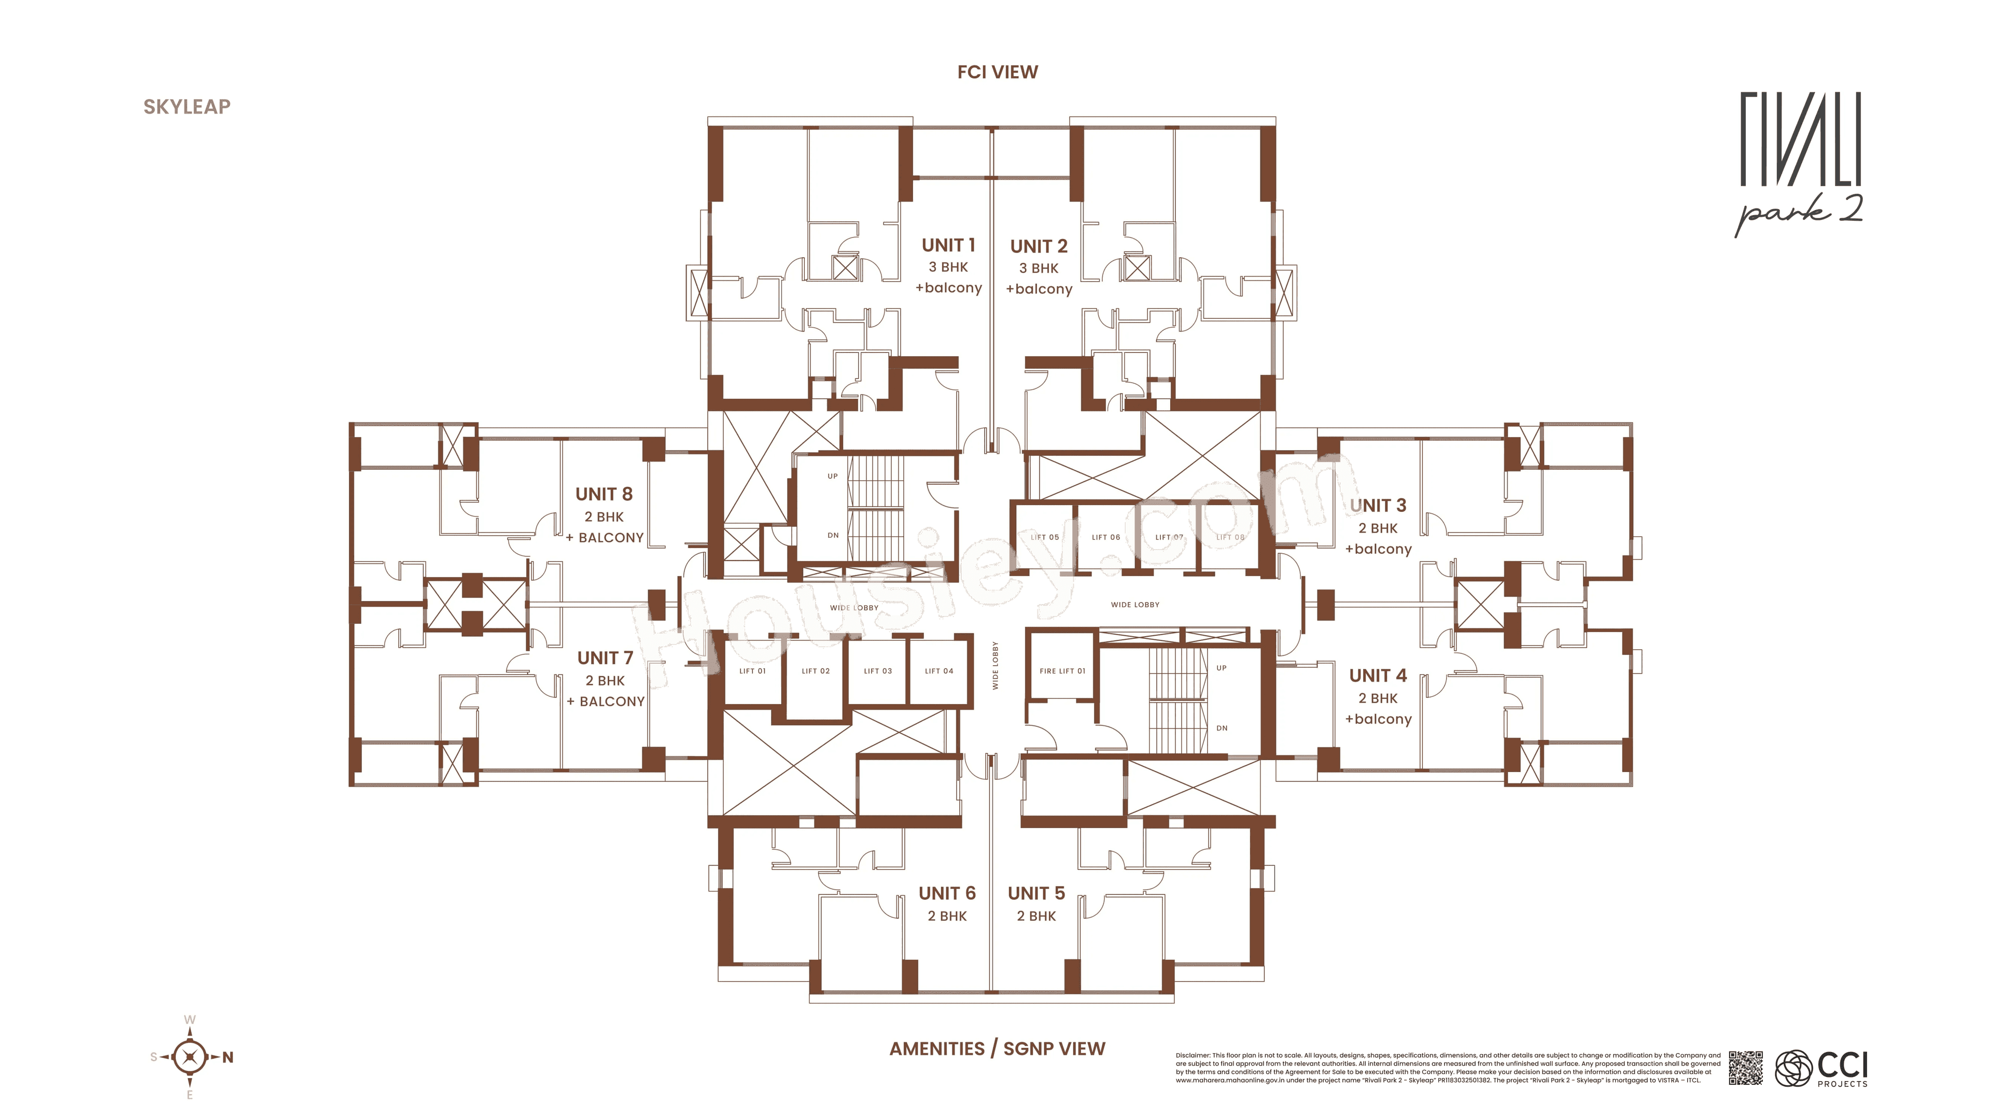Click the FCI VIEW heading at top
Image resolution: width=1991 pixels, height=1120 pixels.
(x=997, y=72)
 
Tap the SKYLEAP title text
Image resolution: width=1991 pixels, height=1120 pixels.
(x=187, y=107)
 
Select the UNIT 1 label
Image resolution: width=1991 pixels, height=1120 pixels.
(x=948, y=245)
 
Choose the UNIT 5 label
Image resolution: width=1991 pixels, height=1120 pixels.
(x=1036, y=893)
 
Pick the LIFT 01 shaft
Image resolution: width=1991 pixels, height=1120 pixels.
(x=752, y=671)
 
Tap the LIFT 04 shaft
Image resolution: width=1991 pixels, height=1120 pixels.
(x=938, y=671)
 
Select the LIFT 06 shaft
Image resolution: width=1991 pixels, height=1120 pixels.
(x=1105, y=537)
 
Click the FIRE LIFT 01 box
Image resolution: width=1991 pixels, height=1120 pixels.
(x=1062, y=671)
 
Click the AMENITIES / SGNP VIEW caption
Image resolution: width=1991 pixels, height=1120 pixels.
(x=997, y=1049)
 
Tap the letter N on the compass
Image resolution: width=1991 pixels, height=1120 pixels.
(x=228, y=1057)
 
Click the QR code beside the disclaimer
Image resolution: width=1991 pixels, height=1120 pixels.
(x=1746, y=1068)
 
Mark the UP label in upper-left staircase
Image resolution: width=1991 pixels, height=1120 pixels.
(x=832, y=476)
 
